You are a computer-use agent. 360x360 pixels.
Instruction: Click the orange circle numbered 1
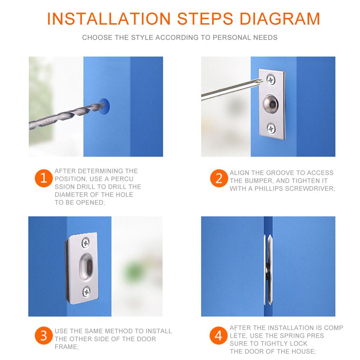pyautogui.click(x=44, y=179)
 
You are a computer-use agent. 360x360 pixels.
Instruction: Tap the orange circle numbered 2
pyautogui.click(x=219, y=179)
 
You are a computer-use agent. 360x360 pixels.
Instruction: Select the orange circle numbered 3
pyautogui.click(x=44, y=336)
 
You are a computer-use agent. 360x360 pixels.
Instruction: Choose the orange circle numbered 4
pyautogui.click(x=219, y=336)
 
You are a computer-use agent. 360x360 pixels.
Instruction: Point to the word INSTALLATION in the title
pyautogui.click(x=109, y=19)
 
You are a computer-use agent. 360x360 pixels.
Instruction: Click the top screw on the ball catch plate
pyautogui.click(x=271, y=79)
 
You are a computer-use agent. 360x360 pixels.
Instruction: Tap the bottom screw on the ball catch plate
pyautogui.click(x=271, y=128)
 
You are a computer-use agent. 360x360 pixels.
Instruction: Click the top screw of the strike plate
pyautogui.click(x=86, y=243)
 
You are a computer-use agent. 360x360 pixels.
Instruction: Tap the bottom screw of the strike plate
pyautogui.click(x=86, y=291)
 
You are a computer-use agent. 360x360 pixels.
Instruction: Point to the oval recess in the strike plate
pyautogui.click(x=86, y=267)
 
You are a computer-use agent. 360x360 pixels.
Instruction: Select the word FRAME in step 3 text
pyautogui.click(x=66, y=347)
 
